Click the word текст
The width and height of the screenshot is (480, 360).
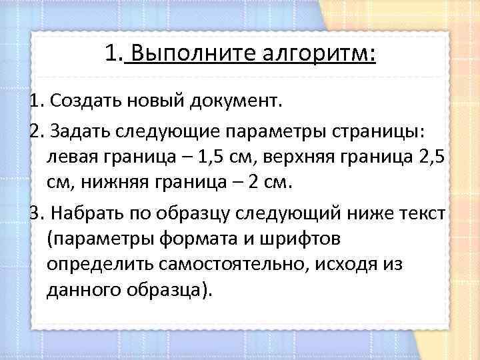(425, 213)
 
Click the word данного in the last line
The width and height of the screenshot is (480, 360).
(84, 291)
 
